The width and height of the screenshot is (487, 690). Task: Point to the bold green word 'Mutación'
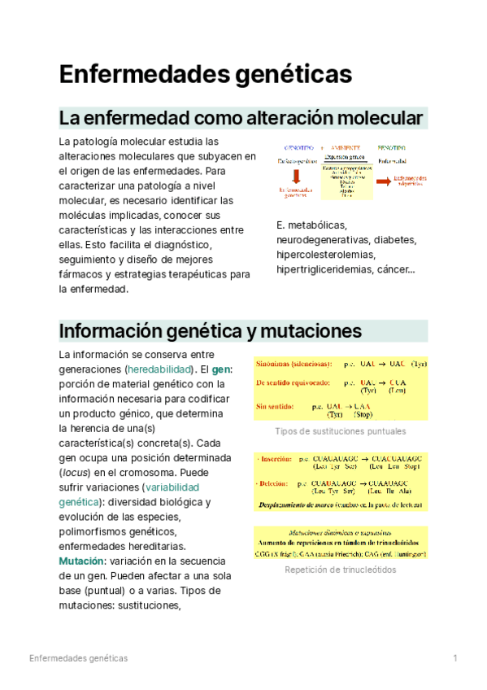pyautogui.click(x=80, y=561)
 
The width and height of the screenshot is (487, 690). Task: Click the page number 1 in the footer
pyautogui.click(x=456, y=657)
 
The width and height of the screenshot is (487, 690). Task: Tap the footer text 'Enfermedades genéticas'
pyautogui.click(x=78, y=657)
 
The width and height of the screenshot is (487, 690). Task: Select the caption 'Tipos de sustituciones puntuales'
pyautogui.click(x=341, y=431)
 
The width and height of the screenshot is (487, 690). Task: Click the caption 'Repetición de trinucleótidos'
pyautogui.click(x=341, y=570)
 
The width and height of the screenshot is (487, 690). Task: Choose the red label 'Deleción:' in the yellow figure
pyautogui.click(x=276, y=483)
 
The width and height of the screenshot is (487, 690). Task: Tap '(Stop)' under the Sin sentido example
pyautogui.click(x=363, y=414)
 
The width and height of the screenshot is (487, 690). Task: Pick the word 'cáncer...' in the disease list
pyautogui.click(x=394, y=269)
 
